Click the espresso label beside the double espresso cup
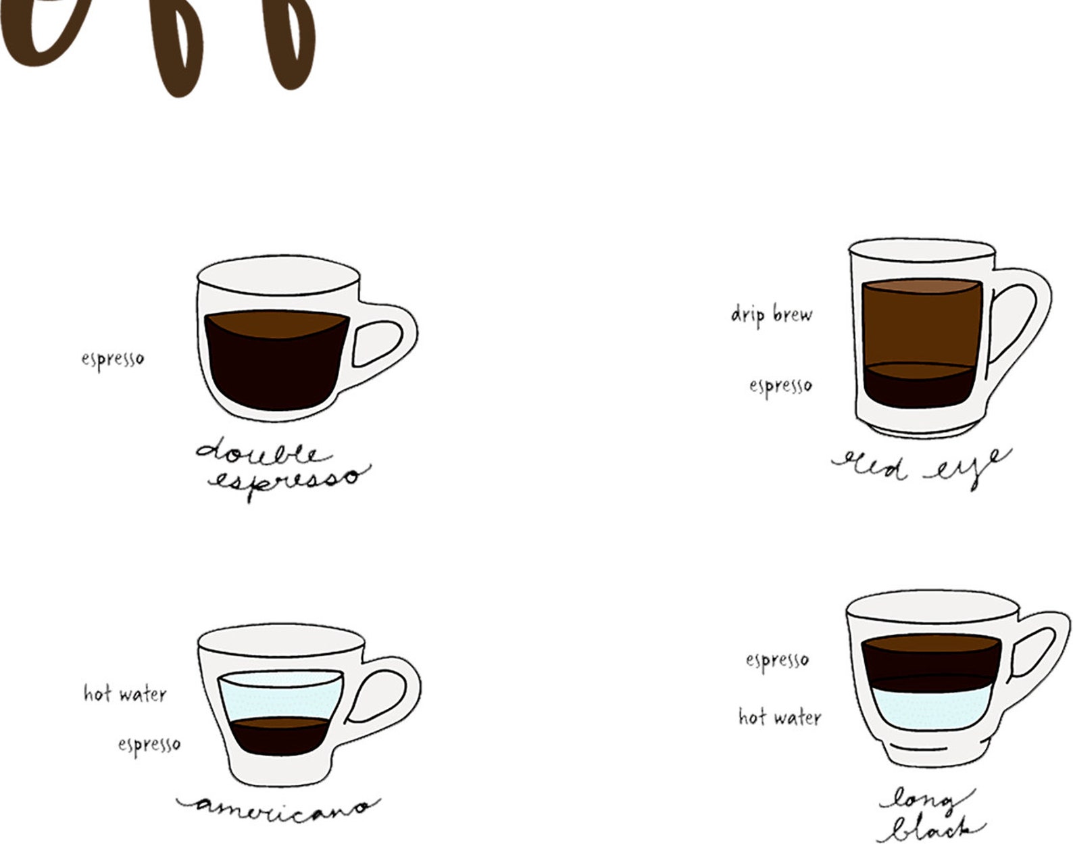click(x=113, y=358)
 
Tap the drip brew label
click(x=772, y=314)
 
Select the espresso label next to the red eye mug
click(x=780, y=386)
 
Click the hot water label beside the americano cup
click(x=125, y=693)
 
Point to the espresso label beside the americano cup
click(x=149, y=744)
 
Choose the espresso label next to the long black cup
click(x=777, y=660)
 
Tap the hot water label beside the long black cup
click(x=780, y=716)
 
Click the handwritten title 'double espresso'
click(x=280, y=467)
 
